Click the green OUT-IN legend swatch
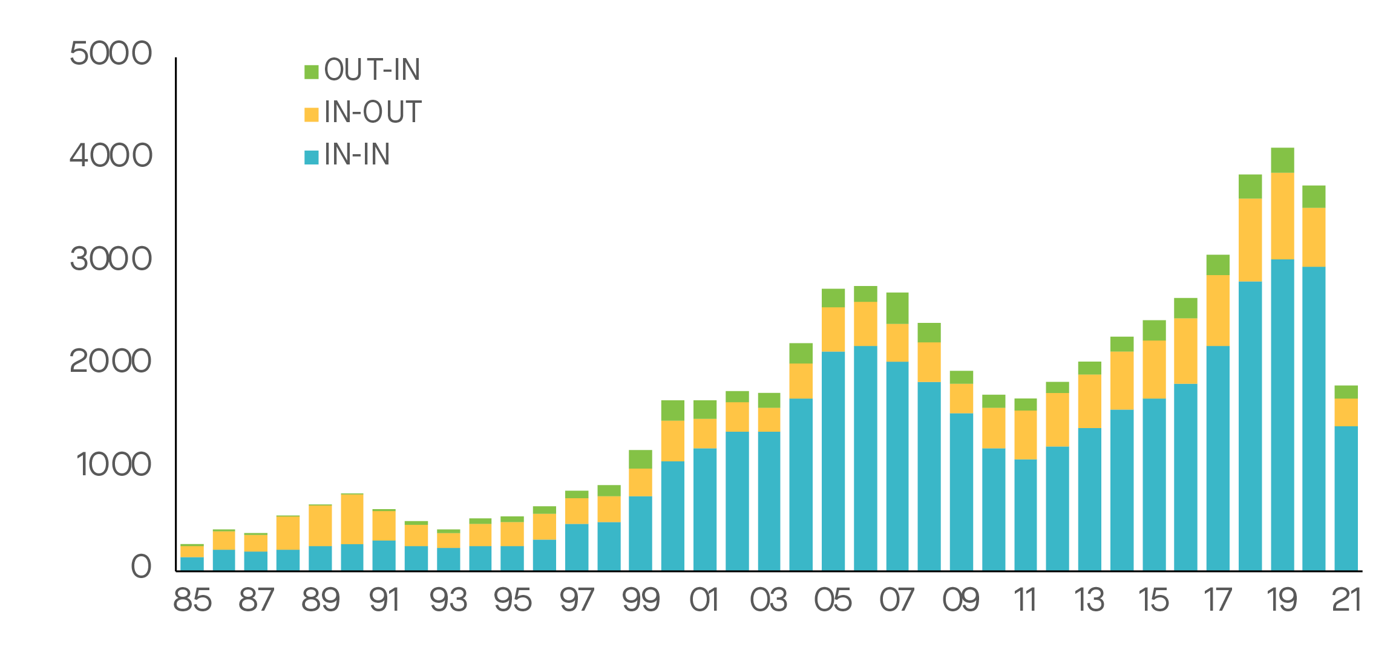pyautogui.click(x=311, y=72)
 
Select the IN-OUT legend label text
pyautogui.click(x=372, y=112)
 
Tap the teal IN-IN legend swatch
pyautogui.click(x=311, y=157)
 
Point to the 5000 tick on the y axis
pyautogui.click(x=111, y=53)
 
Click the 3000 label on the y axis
pyautogui.click(x=111, y=259)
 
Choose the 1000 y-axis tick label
pyautogui.click(x=113, y=465)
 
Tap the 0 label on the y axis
pyautogui.click(x=141, y=567)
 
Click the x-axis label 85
pyautogui.click(x=192, y=600)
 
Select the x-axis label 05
pyautogui.click(x=833, y=600)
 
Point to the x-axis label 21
pyautogui.click(x=1346, y=600)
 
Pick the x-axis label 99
pyautogui.click(x=641, y=600)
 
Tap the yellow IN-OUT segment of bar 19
pyautogui.click(x=1282, y=216)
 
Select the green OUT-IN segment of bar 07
pyautogui.click(x=897, y=308)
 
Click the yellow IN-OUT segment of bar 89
pyautogui.click(x=320, y=525)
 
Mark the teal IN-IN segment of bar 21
pyautogui.click(x=1346, y=498)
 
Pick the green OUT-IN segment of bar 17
pyautogui.click(x=1218, y=265)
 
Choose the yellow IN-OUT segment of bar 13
pyautogui.click(x=1089, y=401)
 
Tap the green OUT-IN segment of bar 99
pyautogui.click(x=641, y=459)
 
